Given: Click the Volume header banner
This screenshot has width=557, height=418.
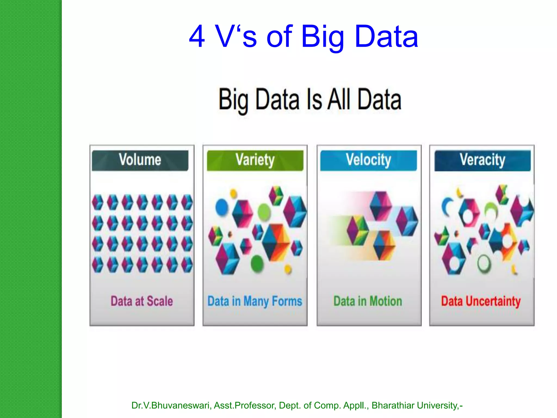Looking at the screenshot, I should (140, 160).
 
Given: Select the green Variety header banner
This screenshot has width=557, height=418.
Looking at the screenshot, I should (255, 160).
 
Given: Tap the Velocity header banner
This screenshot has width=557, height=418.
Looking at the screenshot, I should (369, 160).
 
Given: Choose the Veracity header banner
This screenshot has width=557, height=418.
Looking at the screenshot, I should (482, 160).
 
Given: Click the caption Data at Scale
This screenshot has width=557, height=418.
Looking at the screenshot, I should (142, 301).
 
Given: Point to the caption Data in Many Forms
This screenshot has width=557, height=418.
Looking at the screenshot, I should (255, 301).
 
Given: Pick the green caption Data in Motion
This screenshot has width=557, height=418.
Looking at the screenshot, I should (368, 301).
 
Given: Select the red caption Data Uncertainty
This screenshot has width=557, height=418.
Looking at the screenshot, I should (481, 301).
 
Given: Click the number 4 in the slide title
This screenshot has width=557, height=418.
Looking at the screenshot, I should (197, 36).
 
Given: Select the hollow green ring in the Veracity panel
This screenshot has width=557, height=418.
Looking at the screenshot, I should (484, 263).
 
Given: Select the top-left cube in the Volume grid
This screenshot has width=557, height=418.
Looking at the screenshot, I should (98, 202).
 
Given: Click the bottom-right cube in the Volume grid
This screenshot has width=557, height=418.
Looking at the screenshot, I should (187, 265).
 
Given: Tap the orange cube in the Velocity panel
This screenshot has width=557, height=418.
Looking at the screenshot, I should (384, 245).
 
